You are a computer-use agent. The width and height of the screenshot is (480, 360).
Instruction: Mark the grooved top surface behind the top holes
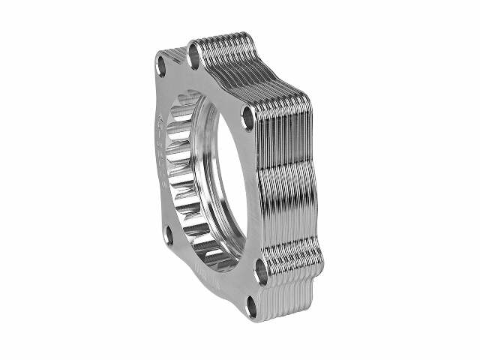point(225,45)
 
